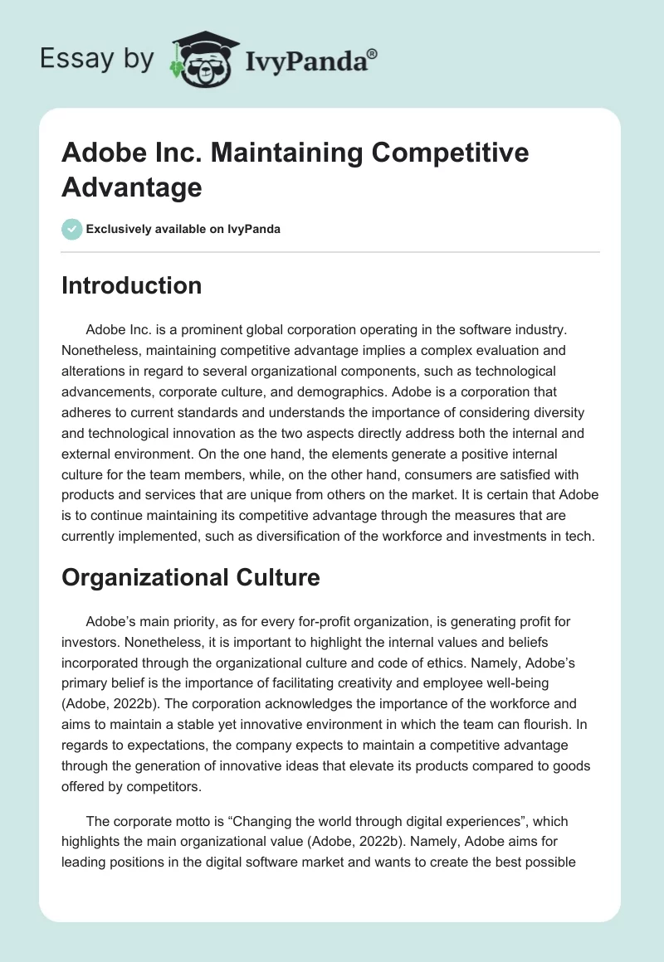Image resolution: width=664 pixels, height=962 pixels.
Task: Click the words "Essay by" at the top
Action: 96,59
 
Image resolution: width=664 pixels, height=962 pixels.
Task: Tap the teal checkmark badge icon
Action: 72,229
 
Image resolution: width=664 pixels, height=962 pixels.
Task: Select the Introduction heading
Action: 131,285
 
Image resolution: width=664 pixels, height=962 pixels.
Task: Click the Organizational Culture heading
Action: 190,577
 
